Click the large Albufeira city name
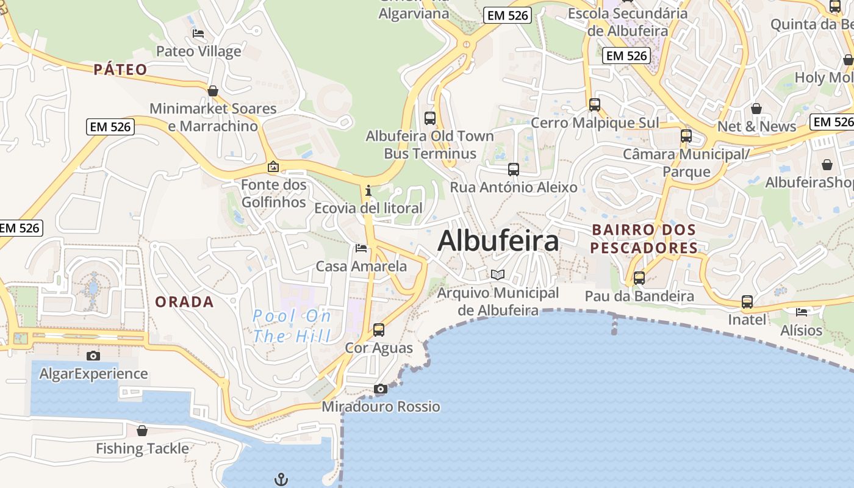click(498, 241)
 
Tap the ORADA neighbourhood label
click(184, 302)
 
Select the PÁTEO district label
click(121, 70)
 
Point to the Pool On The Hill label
click(292, 326)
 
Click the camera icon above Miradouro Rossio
click(381, 389)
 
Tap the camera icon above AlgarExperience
click(93, 356)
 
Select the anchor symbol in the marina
click(281, 479)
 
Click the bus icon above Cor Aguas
click(379, 330)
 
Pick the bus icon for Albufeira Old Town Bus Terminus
click(430, 118)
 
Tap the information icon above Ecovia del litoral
click(368, 191)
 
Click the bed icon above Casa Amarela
click(361, 248)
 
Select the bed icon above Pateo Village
click(198, 33)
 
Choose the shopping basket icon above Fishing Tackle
click(142, 431)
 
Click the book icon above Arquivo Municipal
click(498, 274)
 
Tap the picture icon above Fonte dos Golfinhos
click(273, 167)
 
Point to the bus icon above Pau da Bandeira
click(639, 278)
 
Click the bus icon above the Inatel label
click(747, 301)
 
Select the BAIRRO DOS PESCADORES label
click(644, 239)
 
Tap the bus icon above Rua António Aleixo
click(514, 170)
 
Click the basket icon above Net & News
click(756, 109)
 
